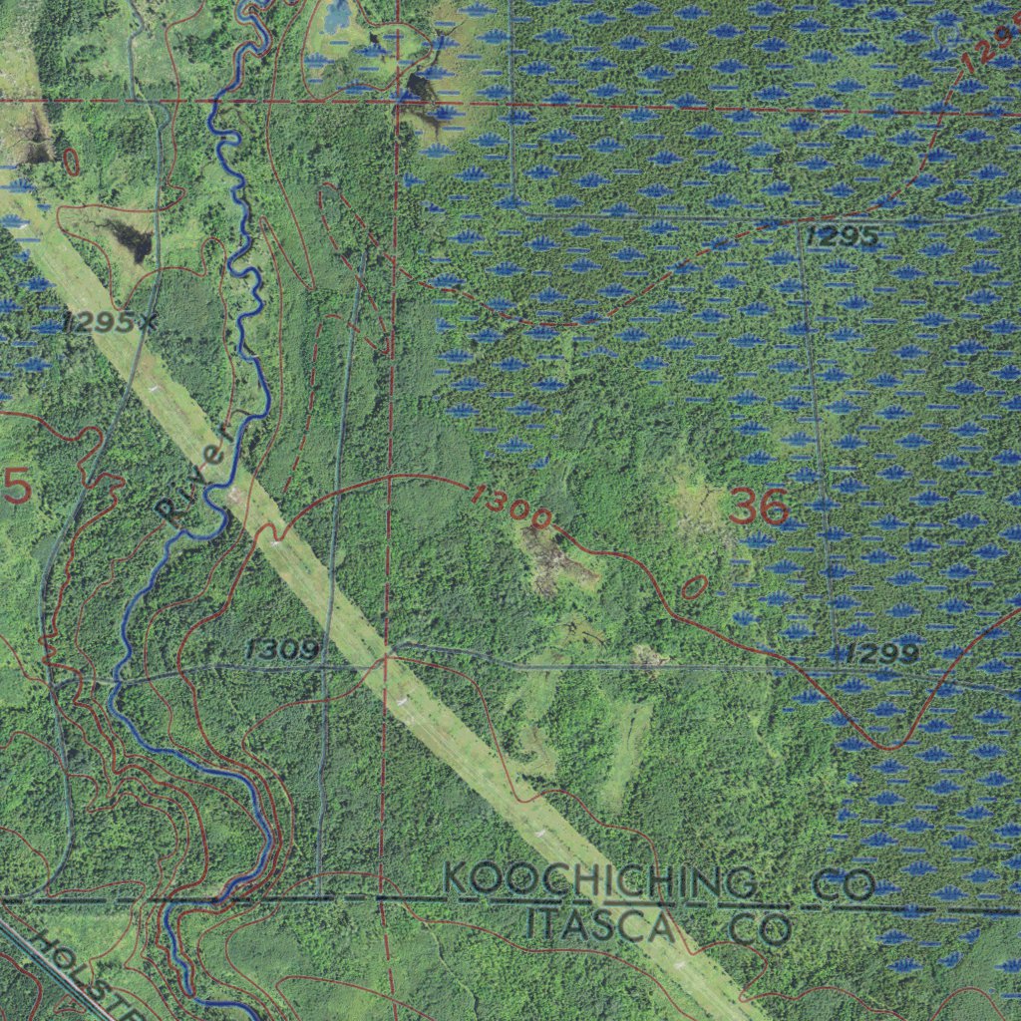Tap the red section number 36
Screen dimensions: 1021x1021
click(759, 508)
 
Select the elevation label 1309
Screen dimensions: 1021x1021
click(282, 651)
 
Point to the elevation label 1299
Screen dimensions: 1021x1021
click(880, 654)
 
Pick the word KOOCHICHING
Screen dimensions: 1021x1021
click(599, 882)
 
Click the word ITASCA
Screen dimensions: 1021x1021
click(599, 925)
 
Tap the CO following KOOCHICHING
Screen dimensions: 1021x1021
click(843, 884)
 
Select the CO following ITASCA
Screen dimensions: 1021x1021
click(761, 929)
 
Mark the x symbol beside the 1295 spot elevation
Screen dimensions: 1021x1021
click(149, 321)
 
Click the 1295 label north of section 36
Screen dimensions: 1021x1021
click(843, 237)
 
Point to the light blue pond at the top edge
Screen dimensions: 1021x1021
click(337, 14)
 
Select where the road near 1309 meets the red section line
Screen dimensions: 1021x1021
click(387, 658)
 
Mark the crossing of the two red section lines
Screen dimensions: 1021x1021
click(397, 102)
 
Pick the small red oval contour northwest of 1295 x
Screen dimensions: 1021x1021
click(70, 163)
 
